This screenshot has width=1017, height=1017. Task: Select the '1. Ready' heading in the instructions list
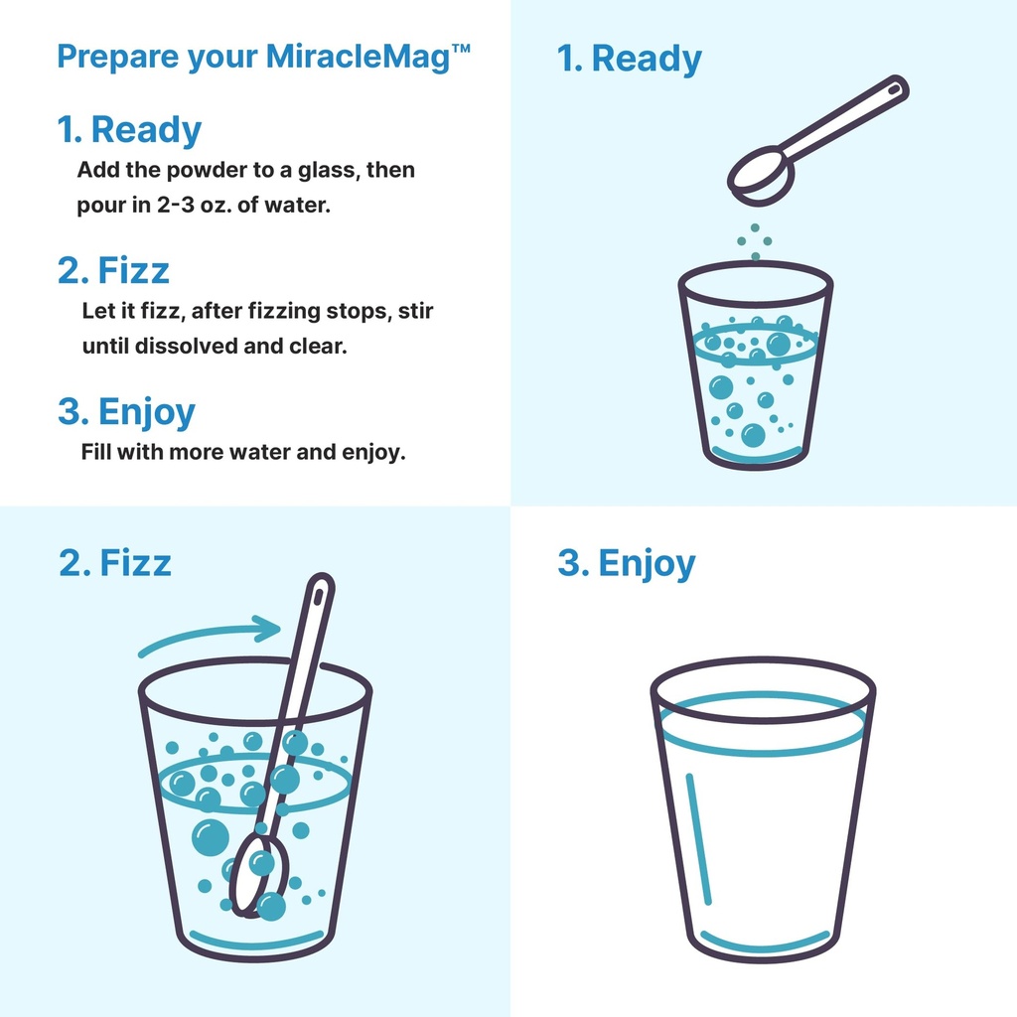click(x=129, y=130)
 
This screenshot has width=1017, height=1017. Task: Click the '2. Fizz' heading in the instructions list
click(x=113, y=270)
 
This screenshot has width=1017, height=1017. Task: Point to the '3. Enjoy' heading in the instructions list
click(x=126, y=411)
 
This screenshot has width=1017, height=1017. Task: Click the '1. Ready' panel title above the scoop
click(x=630, y=59)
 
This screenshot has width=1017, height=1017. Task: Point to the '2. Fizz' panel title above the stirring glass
click(x=115, y=563)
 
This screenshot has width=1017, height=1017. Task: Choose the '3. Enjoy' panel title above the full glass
click(x=627, y=563)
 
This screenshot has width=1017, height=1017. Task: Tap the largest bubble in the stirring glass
click(x=210, y=837)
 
